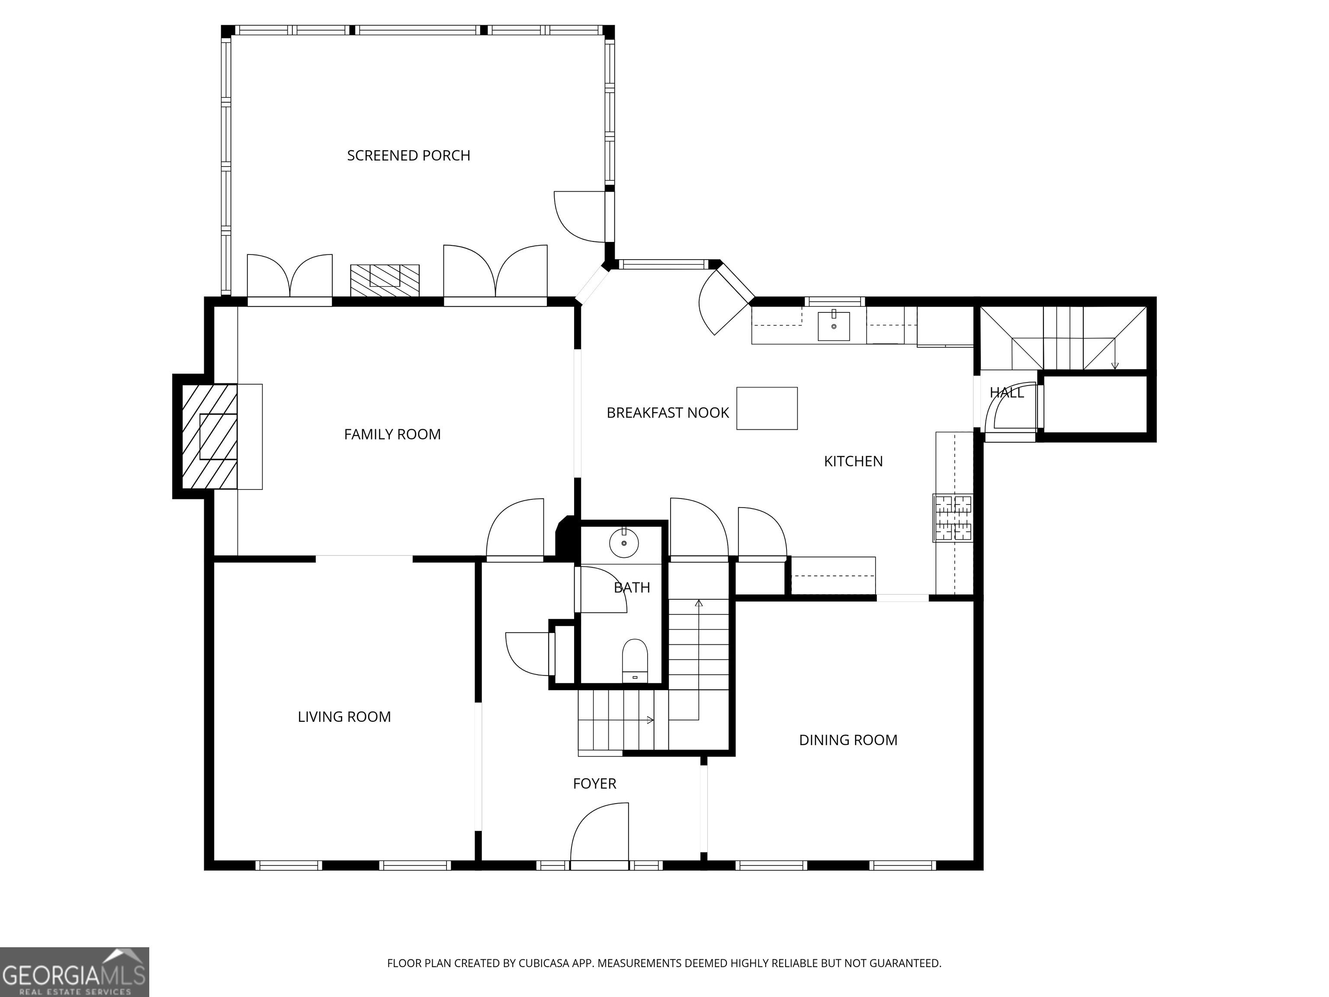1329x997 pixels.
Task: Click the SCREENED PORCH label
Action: coord(408,156)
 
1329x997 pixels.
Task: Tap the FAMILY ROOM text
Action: coord(392,434)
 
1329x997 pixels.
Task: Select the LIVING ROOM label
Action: coord(344,717)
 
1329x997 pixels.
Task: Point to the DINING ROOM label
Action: coord(848,740)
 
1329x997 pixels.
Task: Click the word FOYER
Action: coord(595,784)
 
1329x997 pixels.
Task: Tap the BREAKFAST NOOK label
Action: coord(668,413)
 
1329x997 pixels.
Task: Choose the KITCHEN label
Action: coord(853,462)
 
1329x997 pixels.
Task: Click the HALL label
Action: coord(1007,393)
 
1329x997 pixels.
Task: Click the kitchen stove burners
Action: coord(953,518)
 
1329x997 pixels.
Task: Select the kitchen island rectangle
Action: coord(767,408)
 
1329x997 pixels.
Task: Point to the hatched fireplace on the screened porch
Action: coord(385,280)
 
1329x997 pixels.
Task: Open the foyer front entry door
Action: coord(599,835)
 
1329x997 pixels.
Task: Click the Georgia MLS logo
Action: coord(74,972)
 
